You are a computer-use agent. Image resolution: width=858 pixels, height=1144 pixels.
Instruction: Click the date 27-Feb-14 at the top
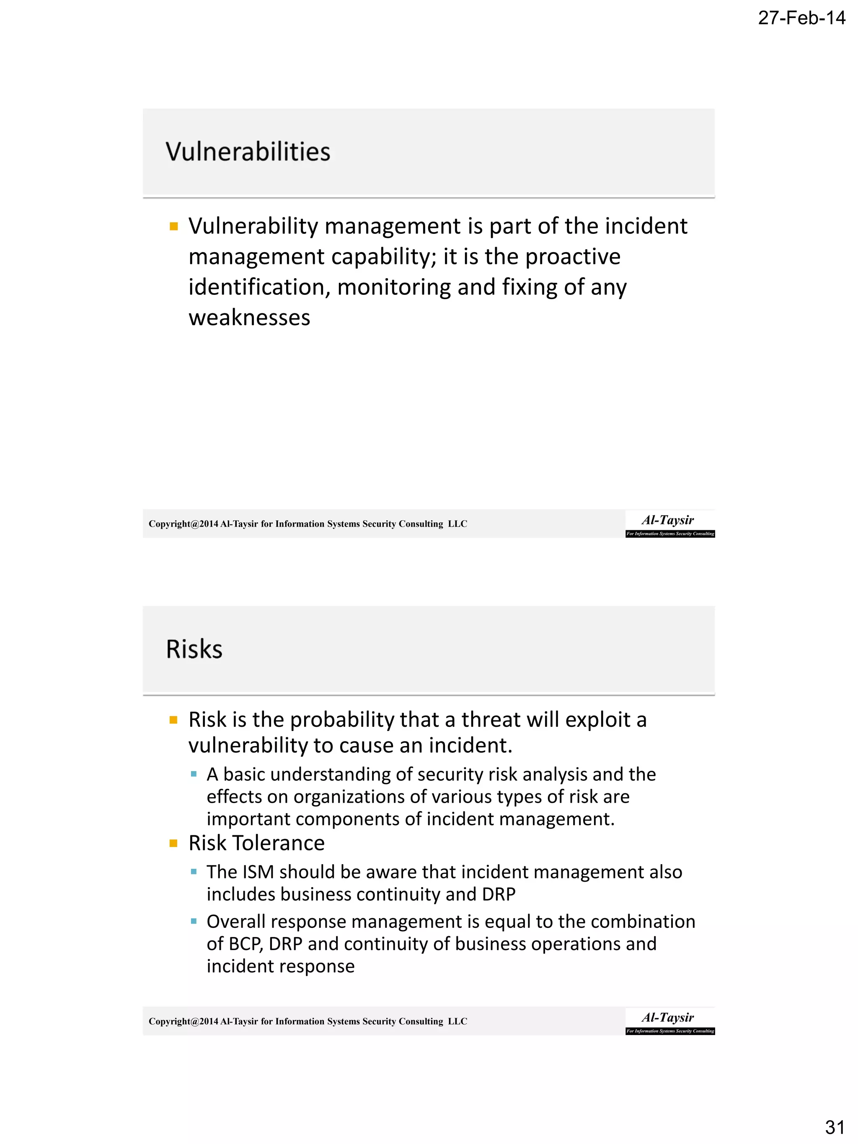pyautogui.click(x=801, y=18)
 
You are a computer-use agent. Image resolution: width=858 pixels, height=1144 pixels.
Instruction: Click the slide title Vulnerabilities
pyautogui.click(x=248, y=152)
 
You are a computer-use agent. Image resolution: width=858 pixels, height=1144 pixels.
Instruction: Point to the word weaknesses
pyautogui.click(x=249, y=318)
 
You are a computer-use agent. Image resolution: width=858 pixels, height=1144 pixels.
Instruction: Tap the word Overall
pyautogui.click(x=236, y=922)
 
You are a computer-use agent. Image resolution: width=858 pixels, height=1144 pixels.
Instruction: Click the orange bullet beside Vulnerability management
pyautogui.click(x=174, y=227)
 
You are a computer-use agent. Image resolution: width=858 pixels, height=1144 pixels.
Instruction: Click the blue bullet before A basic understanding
pyautogui.click(x=194, y=774)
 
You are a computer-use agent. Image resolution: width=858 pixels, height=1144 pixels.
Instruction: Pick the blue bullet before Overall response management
pyautogui.click(x=194, y=922)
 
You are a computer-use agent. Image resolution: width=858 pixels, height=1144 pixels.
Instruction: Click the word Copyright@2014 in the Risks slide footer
pyautogui.click(x=183, y=1021)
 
